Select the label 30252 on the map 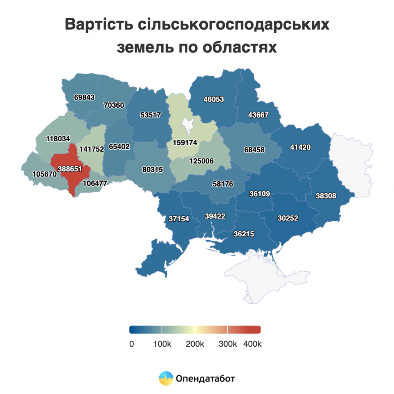click(x=288, y=218)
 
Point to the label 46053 click(x=214, y=99)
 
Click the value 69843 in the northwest click(x=84, y=97)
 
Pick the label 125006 click(x=201, y=161)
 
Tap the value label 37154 click(x=179, y=219)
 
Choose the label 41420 click(x=301, y=147)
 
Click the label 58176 click(x=223, y=184)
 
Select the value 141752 click(x=92, y=149)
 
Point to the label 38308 click(x=326, y=196)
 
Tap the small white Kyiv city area click(x=189, y=125)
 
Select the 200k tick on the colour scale click(x=195, y=344)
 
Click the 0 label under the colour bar click(x=132, y=344)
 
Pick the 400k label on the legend click(x=252, y=344)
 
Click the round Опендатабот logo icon click(x=166, y=378)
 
